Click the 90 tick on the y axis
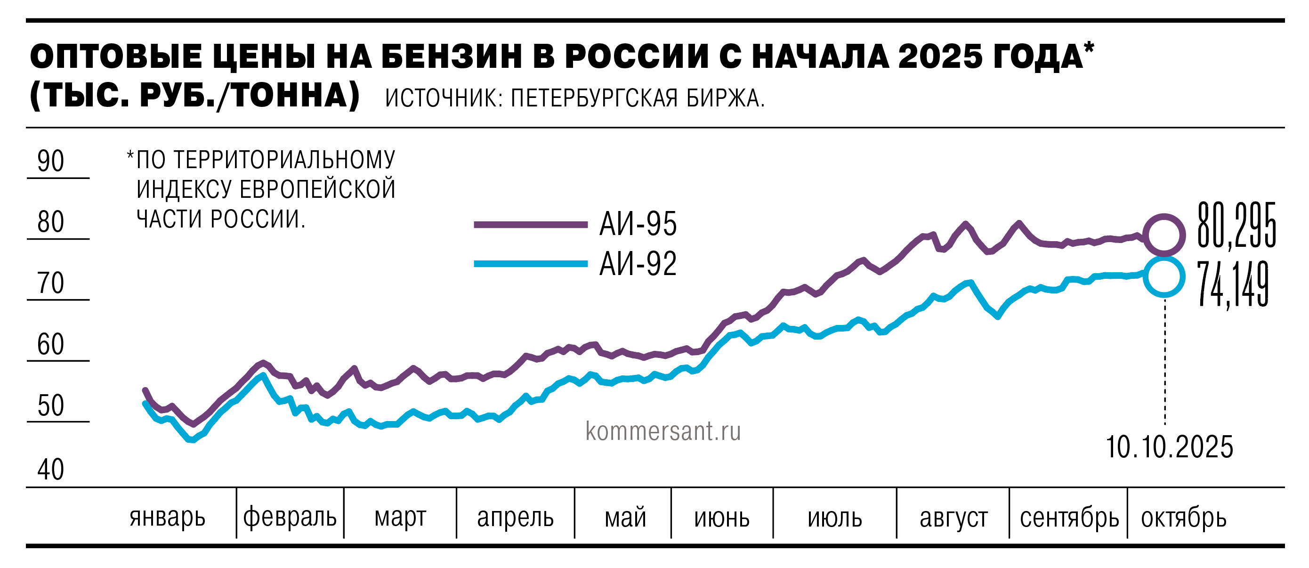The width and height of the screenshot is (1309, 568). (51, 162)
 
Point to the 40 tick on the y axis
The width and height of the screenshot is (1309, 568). (51, 470)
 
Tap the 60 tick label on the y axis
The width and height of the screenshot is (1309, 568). (51, 345)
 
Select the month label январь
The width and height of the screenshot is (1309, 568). (167, 518)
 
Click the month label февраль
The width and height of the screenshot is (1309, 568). (290, 518)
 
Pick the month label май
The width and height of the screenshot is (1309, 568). (625, 518)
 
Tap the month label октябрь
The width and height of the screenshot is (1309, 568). (1183, 518)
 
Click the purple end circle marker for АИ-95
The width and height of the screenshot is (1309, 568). (1164, 235)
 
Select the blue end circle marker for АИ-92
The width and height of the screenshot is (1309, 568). (1164, 277)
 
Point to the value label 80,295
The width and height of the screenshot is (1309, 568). (1236, 226)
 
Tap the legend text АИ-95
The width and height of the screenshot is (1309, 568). (638, 224)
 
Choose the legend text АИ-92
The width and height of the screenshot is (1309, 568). (638, 264)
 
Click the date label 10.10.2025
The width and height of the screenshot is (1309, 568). (1169, 447)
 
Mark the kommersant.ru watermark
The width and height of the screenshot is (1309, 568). (663, 431)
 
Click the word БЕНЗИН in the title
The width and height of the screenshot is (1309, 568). (452, 56)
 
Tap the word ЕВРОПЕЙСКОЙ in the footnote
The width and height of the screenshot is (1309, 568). (317, 189)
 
